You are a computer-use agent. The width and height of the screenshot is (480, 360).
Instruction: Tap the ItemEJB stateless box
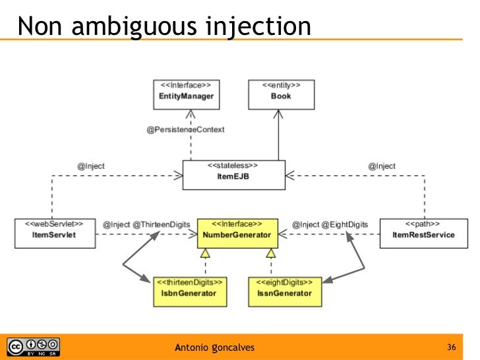[234, 174]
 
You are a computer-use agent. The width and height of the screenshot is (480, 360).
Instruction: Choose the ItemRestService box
[423, 232]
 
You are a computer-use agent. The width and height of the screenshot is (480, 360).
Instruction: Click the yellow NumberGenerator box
[238, 232]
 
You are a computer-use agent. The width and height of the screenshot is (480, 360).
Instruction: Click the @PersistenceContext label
[186, 129]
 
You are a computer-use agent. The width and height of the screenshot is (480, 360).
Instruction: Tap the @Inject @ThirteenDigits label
[146, 224]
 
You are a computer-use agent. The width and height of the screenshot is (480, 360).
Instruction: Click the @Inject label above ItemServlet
[91, 166]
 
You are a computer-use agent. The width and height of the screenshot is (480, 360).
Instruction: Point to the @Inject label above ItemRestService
[382, 166]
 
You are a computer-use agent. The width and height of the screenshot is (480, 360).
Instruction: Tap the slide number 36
[452, 347]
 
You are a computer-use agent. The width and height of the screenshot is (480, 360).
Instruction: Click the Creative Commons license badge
[33, 347]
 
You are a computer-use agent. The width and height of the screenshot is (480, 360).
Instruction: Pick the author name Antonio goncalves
[214, 347]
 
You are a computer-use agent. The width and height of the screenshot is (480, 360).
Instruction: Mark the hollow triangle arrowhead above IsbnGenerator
[205, 253]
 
